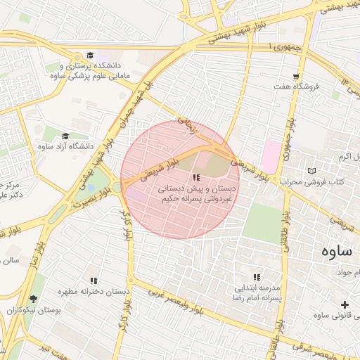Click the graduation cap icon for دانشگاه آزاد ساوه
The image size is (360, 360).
click(65, 136)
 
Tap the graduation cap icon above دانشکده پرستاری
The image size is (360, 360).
click(89, 56)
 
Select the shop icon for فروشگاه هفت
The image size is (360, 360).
click(297, 77)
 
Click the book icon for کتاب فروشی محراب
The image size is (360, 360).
click(312, 171)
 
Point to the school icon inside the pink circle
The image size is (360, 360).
click(196, 178)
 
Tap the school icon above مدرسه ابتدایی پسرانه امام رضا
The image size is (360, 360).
click(257, 278)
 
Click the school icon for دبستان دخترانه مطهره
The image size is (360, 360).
click(94, 281)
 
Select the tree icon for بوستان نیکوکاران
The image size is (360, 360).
click(33, 300)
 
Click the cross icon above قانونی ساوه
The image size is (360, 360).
click(344, 304)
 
